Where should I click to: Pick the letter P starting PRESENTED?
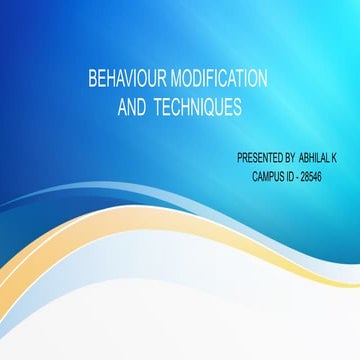[x=239, y=158]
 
